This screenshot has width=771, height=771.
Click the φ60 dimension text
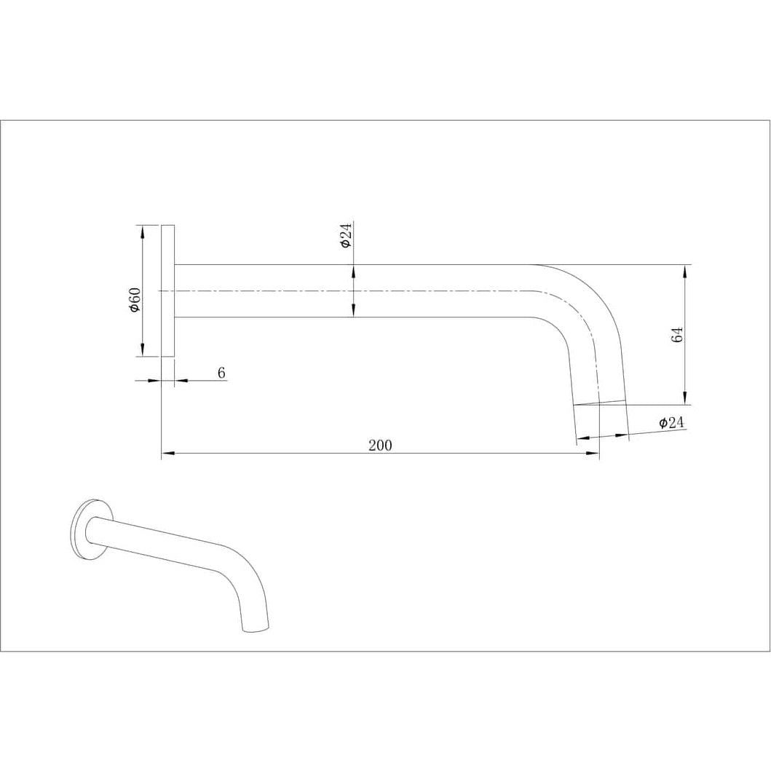pos(134,300)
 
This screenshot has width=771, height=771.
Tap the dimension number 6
pos(222,373)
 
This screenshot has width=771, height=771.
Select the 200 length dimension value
pos(379,446)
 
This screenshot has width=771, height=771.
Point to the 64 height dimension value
pos(677,336)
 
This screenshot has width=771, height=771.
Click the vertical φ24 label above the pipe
pos(346,236)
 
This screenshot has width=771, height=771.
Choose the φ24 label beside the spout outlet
pos(671,422)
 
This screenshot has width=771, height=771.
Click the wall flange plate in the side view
pos(167,290)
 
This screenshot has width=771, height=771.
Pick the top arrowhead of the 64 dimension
pos(685,270)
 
